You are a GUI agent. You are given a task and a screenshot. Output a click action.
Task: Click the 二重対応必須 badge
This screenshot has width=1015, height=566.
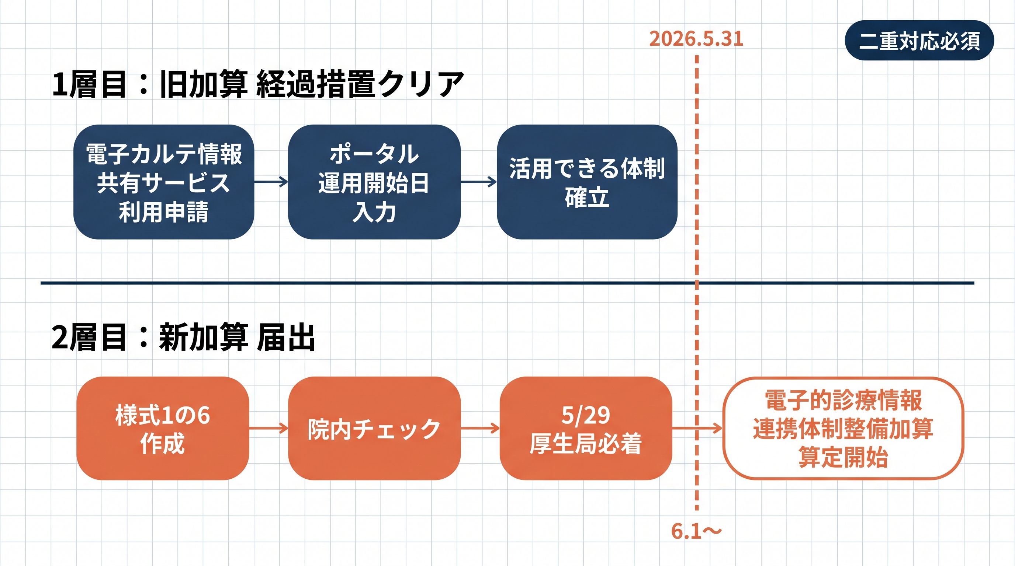click(919, 41)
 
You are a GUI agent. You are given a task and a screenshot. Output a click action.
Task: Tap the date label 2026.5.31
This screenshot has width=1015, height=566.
click(696, 39)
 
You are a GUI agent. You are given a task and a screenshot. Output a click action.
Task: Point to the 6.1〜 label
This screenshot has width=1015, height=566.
click(696, 531)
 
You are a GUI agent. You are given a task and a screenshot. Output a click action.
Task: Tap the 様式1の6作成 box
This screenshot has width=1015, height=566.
click(162, 428)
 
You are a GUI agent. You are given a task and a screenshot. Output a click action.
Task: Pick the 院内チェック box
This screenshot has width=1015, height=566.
click(374, 428)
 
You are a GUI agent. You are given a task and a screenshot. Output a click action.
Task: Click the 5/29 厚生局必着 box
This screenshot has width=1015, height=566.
click(586, 428)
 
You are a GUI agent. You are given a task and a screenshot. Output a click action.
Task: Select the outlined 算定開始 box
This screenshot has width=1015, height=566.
click(843, 428)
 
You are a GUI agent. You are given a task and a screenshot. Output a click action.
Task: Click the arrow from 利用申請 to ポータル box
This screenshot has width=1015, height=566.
click(271, 182)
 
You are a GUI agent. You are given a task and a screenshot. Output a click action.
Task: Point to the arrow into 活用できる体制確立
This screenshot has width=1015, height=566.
click(478, 182)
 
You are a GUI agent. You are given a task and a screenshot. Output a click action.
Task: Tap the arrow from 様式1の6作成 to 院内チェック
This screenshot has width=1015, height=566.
click(269, 428)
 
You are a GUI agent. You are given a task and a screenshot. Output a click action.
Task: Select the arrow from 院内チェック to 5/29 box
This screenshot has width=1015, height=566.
click(480, 428)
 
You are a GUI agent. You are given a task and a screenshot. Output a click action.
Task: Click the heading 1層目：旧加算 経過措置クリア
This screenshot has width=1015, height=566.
click(258, 84)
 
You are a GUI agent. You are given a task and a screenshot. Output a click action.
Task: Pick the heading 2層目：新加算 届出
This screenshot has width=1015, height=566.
click(183, 337)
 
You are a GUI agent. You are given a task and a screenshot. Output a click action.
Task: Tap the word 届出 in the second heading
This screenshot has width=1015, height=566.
click(286, 337)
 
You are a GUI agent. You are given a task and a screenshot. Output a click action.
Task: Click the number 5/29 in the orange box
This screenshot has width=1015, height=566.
click(586, 415)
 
